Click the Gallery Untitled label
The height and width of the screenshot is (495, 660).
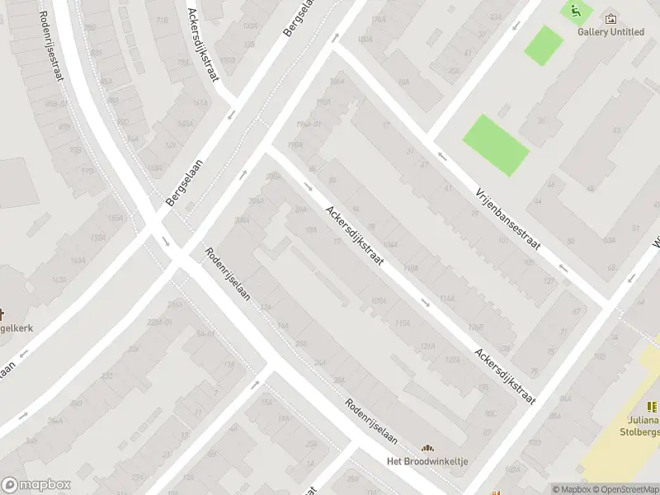coord(610,32)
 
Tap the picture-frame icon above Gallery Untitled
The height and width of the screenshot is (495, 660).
coord(610,18)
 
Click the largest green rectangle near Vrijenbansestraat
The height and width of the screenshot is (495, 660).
coord(495,144)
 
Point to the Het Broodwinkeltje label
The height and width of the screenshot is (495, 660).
coord(427,461)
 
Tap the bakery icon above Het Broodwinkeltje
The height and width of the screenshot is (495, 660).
coord(427,447)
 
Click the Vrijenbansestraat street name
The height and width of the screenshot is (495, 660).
coord(507,219)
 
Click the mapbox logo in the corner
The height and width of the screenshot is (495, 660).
coord(36,485)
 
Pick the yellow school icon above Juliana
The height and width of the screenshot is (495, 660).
coord(652,406)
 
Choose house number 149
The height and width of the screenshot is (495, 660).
coord(170,145)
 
